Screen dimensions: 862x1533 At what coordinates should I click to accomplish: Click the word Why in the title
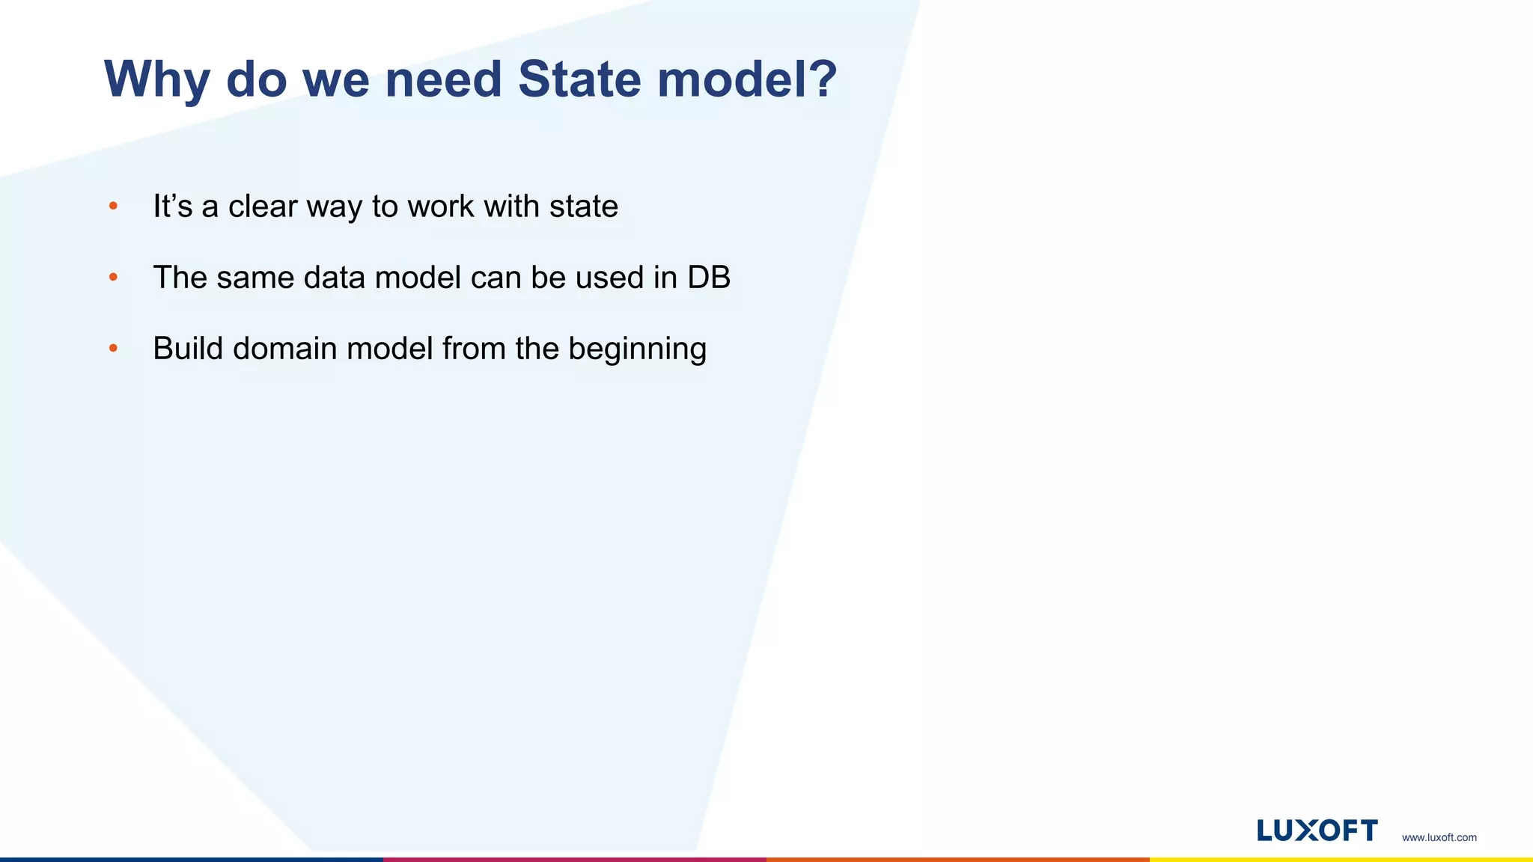[156, 79]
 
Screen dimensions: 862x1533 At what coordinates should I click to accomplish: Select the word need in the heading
[442, 79]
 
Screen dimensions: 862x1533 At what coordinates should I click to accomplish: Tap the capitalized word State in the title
[579, 79]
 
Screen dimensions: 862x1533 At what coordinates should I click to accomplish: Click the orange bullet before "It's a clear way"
[113, 206]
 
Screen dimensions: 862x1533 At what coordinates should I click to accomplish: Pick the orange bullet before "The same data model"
[113, 277]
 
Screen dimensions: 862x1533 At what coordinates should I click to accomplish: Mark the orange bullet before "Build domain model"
[113, 348]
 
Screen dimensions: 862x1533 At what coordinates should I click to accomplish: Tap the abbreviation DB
[708, 278]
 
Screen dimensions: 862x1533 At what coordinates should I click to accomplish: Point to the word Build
[188, 349]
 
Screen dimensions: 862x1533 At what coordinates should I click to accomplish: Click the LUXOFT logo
[1317, 831]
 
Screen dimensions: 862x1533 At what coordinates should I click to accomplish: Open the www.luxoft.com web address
[1439, 837]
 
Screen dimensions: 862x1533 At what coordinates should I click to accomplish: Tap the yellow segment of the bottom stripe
[1341, 859]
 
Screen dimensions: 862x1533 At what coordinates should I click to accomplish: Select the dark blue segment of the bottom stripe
[192, 859]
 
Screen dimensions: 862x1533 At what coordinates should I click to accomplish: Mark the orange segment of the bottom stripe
[958, 859]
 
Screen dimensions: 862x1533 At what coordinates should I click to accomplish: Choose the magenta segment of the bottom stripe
[575, 859]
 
